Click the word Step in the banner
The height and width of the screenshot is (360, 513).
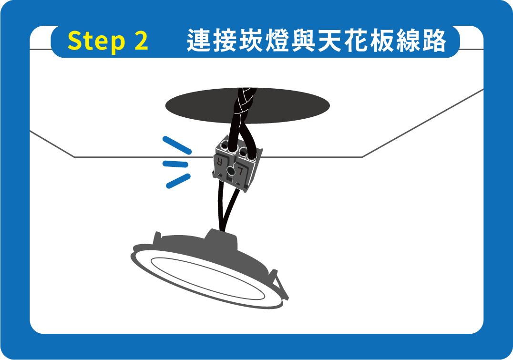(x=96, y=41)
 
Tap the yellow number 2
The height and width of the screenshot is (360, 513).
(x=141, y=40)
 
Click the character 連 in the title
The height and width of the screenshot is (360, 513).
(x=199, y=41)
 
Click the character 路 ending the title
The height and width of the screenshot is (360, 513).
(x=434, y=41)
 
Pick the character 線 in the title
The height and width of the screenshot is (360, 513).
(x=408, y=41)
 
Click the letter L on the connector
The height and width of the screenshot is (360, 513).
(x=241, y=170)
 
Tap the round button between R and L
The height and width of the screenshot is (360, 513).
(x=231, y=171)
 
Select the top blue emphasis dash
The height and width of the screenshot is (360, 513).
(x=177, y=145)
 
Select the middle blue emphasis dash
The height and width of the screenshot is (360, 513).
(x=175, y=164)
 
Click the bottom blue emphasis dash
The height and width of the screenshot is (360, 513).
(x=178, y=181)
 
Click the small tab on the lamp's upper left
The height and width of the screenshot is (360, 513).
(x=157, y=238)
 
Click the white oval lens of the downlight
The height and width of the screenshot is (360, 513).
(x=208, y=278)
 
